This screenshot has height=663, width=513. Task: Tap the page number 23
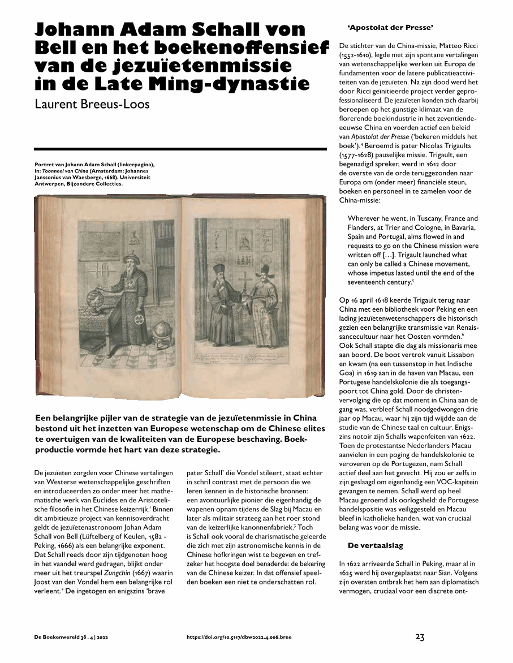(420, 637)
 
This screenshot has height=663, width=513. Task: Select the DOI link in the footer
(239, 638)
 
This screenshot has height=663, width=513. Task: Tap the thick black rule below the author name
(181, 149)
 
